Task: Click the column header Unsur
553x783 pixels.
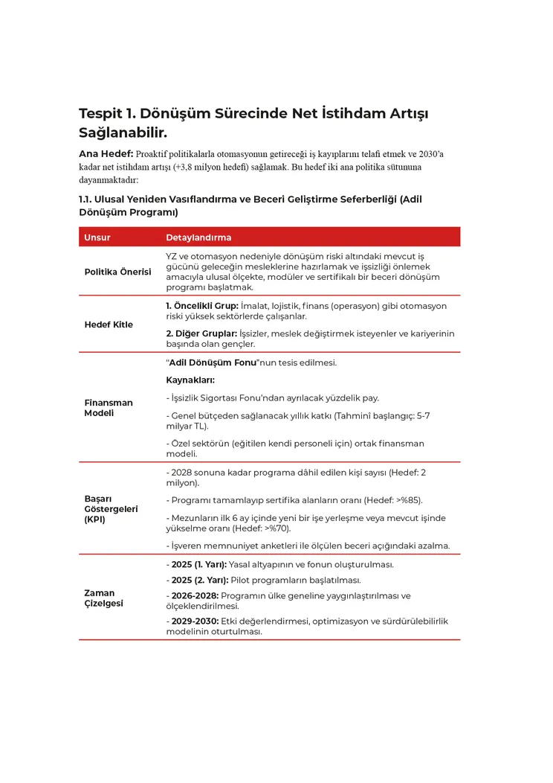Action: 97,237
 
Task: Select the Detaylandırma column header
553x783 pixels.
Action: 198,237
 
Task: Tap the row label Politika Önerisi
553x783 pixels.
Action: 117,272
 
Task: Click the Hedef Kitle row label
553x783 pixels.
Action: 109,325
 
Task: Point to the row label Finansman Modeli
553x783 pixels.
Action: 109,408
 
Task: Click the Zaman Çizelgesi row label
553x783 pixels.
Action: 103,598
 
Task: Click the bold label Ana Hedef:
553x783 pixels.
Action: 106,154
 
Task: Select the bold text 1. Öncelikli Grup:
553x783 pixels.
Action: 201,306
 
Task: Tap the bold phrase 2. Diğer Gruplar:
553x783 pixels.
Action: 201,333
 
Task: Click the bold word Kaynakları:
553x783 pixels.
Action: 190,380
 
